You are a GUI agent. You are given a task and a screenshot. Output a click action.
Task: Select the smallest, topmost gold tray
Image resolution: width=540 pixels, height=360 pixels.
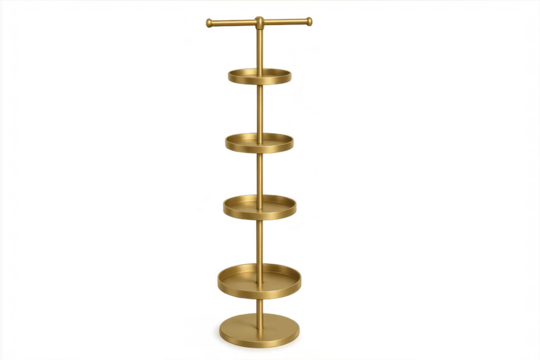(258, 76)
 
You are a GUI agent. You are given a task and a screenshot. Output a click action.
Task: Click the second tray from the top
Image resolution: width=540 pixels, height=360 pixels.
(259, 141)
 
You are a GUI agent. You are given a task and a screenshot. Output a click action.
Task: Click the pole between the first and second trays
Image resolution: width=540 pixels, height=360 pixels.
(259, 108)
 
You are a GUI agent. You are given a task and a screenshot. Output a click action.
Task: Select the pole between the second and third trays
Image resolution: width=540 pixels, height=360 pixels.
(259, 172)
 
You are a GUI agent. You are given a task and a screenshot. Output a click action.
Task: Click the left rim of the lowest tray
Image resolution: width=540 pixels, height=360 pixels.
(217, 276)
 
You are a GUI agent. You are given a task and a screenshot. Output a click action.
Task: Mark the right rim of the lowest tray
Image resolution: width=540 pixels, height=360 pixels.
(301, 276)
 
